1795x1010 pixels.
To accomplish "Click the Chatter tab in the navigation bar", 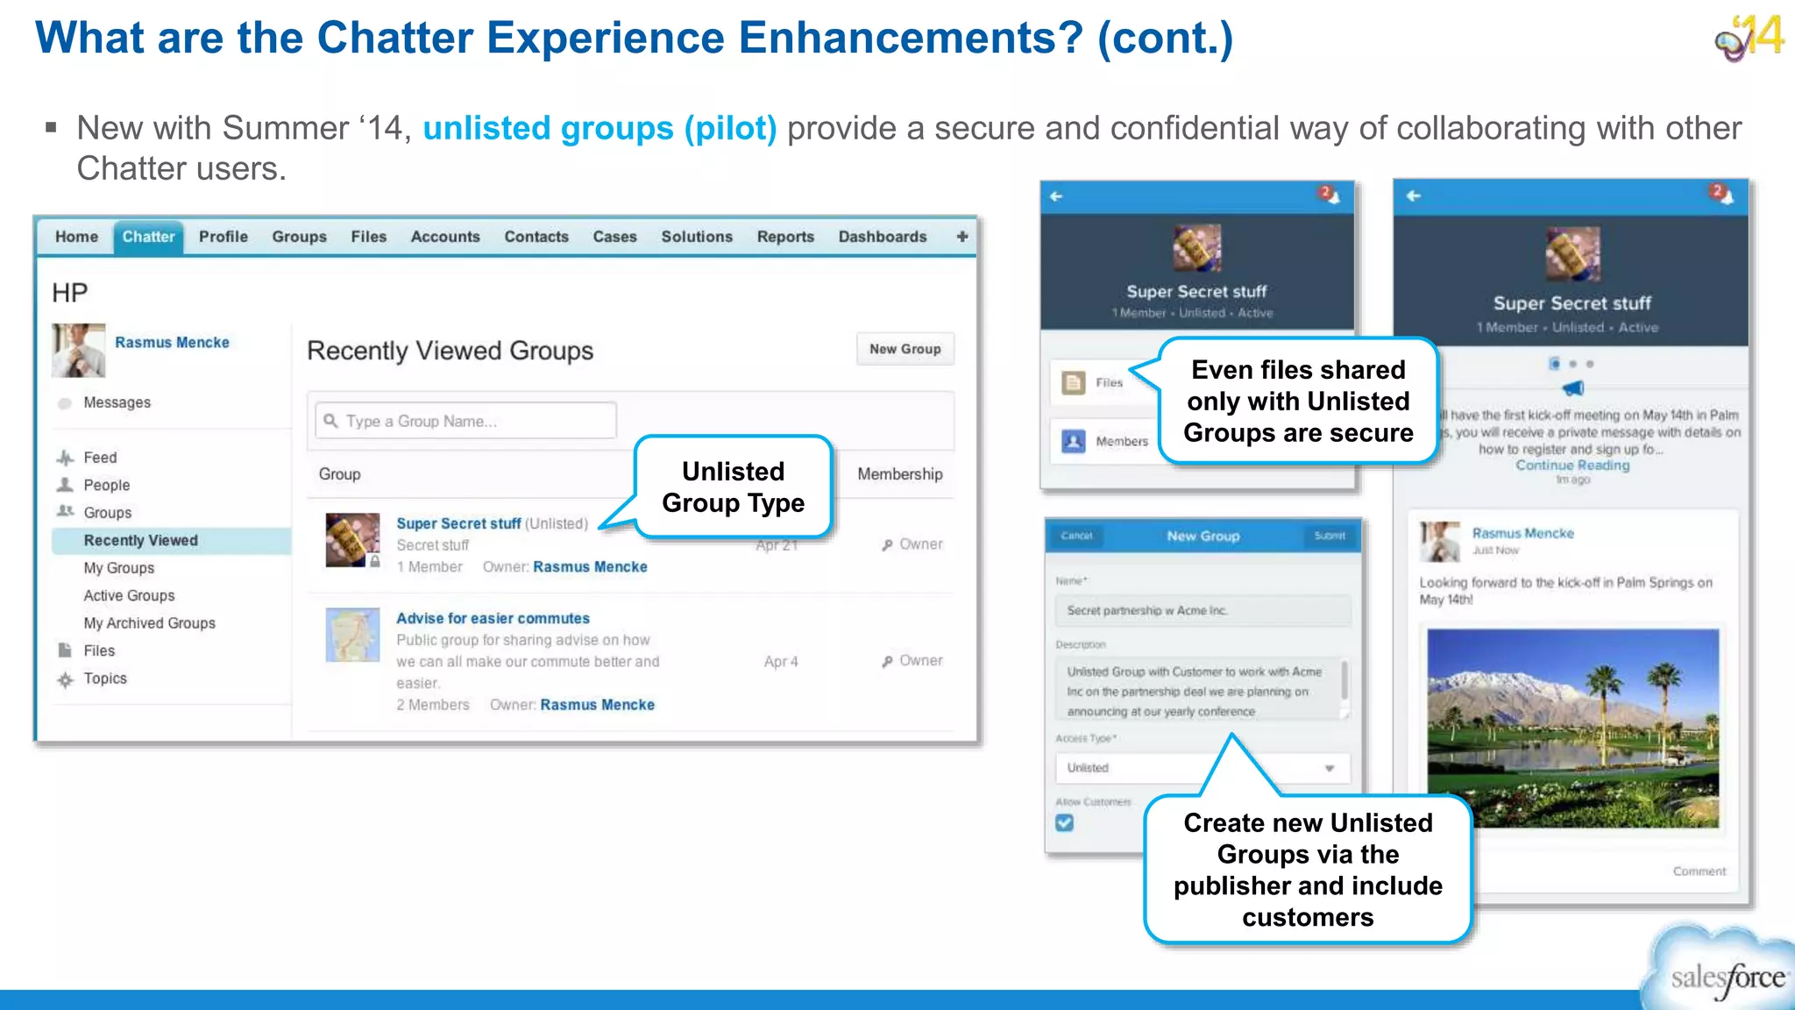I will pos(148,237).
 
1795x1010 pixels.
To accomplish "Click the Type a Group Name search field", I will pos(466,421).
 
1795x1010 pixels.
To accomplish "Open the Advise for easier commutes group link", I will pos(493,618).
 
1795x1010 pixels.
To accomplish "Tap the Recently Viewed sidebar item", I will pos(141,541).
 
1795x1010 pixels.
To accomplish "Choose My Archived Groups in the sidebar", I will pos(149,623).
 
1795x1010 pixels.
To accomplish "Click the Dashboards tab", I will pos(882,237).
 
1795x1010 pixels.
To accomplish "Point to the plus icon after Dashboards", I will pos(962,237).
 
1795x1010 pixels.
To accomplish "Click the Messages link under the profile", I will pos(117,402).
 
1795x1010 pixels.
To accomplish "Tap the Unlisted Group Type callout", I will pos(733,487).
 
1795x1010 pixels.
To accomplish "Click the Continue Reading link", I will pos(1572,466).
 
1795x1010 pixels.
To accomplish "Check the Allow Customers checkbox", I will pos(1065,822).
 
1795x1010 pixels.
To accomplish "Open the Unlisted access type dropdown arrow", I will pos(1330,768).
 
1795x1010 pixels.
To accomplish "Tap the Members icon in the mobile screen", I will pos(1074,441).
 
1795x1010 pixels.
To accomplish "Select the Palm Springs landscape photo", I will pos(1572,728).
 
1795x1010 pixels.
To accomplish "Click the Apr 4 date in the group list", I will pos(780,662).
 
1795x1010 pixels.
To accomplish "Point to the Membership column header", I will pos(899,474).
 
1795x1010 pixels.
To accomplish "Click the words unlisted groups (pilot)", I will pos(600,129).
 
